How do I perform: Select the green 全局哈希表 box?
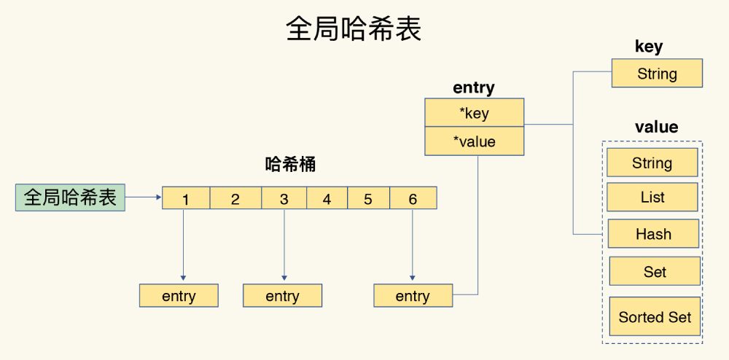pyautogui.click(x=70, y=197)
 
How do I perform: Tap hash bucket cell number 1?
pyautogui.click(x=186, y=199)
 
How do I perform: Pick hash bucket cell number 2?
pyautogui.click(x=235, y=199)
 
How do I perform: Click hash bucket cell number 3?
pyautogui.click(x=284, y=199)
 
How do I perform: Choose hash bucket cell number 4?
pyautogui.click(x=326, y=199)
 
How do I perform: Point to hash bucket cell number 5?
pyautogui.click(x=368, y=199)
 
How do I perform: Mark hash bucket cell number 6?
pyautogui.click(x=413, y=199)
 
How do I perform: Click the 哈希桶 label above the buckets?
pyautogui.click(x=290, y=165)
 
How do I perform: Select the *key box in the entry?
pyautogui.click(x=474, y=113)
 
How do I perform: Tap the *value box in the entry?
pyautogui.click(x=474, y=141)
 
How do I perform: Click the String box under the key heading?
pyautogui.click(x=657, y=74)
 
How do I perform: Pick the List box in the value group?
pyautogui.click(x=652, y=197)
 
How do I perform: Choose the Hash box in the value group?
pyautogui.click(x=653, y=235)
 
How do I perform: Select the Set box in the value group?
pyautogui.click(x=655, y=272)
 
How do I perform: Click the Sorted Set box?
pyautogui.click(x=655, y=317)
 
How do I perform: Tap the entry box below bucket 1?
pyautogui.click(x=179, y=296)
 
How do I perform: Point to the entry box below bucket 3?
pyautogui.click(x=282, y=296)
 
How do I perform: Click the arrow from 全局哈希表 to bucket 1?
pyautogui.click(x=144, y=197)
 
